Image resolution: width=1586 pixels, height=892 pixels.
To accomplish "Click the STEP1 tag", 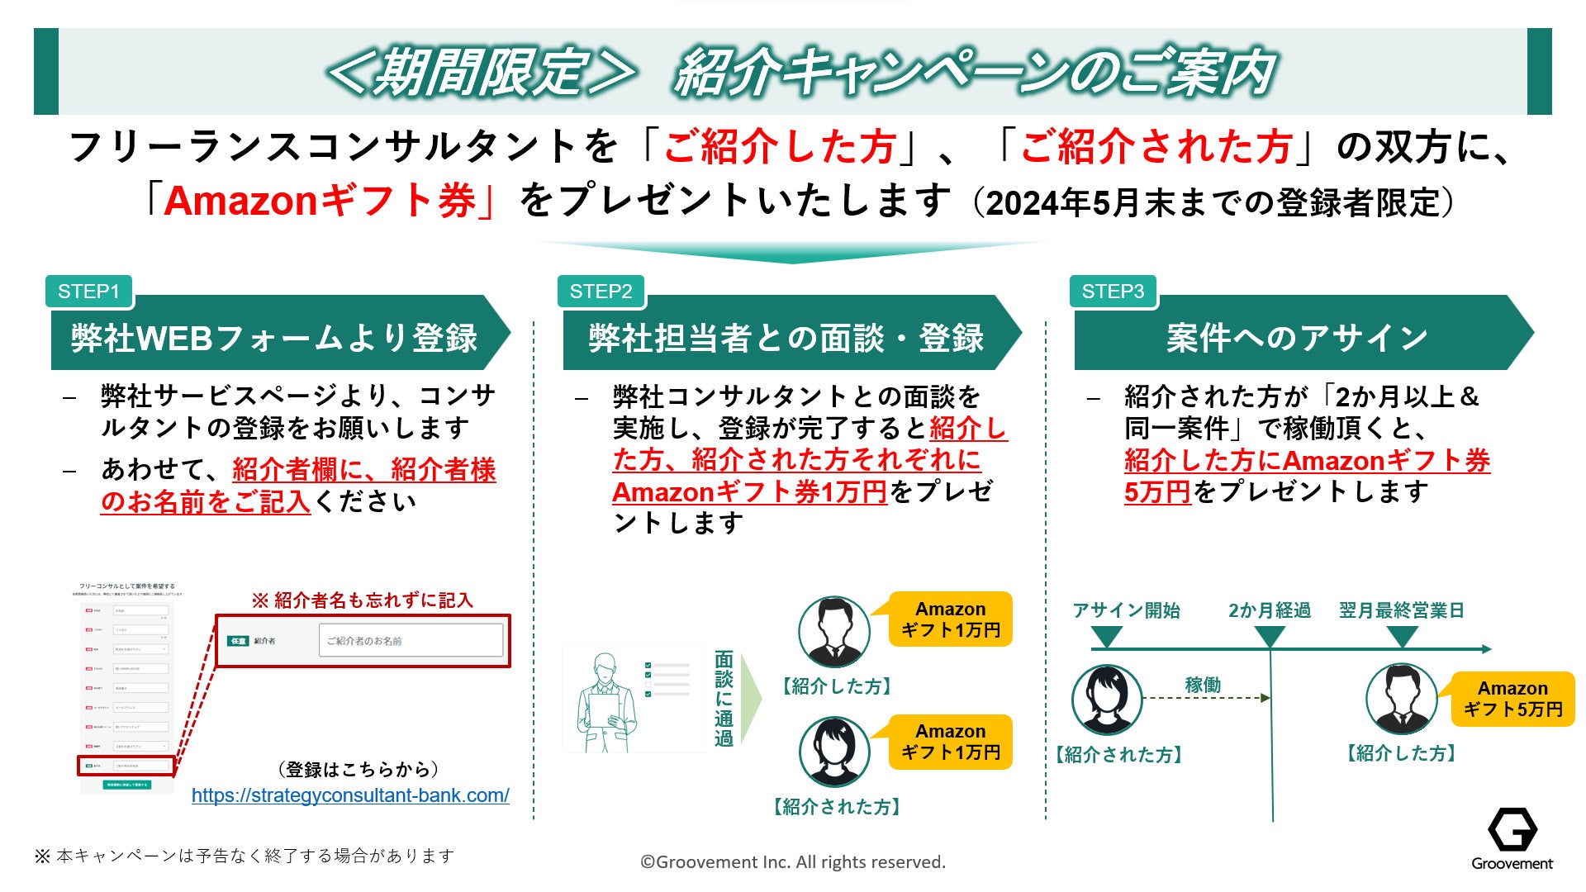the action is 89,292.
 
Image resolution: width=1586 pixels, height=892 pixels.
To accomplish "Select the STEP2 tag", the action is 601,292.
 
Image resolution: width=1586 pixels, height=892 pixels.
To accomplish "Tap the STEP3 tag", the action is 1113,292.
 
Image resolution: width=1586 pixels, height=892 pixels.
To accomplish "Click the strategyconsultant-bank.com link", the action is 350,795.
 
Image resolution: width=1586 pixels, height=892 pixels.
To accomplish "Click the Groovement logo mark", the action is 1512,829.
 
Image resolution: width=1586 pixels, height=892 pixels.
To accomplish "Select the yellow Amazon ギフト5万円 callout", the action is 1512,699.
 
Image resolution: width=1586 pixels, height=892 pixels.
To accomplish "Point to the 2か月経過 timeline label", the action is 1269,610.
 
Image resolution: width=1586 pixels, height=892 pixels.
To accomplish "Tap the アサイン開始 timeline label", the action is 1126,610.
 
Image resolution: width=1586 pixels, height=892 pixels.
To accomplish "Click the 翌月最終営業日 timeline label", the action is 1401,610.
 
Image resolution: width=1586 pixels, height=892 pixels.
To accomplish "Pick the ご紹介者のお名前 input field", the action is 411,641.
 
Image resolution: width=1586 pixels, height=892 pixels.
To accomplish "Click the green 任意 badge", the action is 238,641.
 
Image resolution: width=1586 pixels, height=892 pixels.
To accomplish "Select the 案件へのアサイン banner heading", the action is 1296,337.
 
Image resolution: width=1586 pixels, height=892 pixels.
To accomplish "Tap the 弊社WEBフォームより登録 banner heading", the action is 274,338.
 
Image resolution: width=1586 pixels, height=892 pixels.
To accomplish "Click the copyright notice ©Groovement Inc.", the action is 793,862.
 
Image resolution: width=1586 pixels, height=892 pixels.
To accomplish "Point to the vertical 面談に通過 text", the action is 724,699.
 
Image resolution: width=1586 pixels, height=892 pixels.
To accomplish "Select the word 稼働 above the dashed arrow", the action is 1202,685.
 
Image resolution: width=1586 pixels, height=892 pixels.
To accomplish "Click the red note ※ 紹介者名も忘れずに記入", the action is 362,600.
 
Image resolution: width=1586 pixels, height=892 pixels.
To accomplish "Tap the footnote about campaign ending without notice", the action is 245,856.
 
